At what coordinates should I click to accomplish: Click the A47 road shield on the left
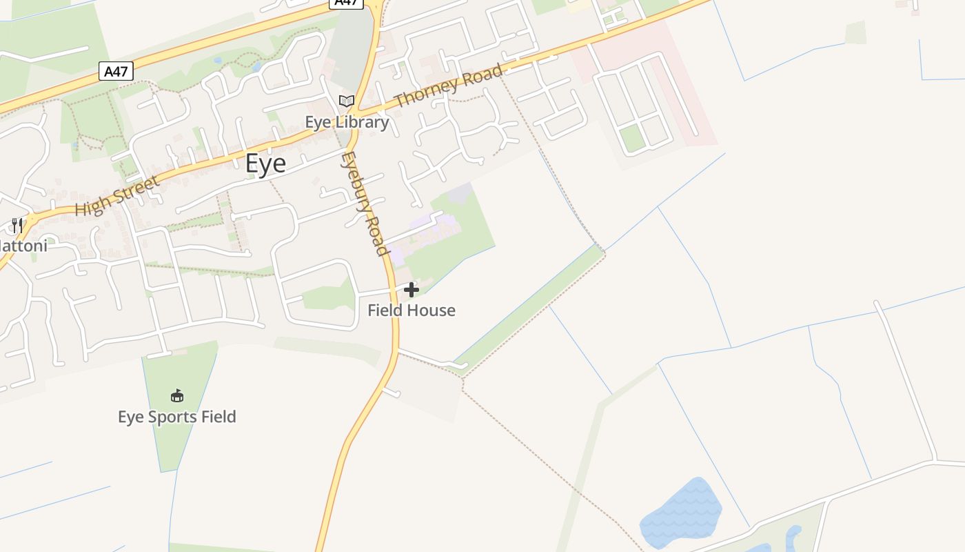coord(116,71)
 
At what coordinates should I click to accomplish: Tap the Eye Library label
coord(347,122)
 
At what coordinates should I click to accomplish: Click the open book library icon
coord(347,101)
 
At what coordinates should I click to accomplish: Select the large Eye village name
coord(265,164)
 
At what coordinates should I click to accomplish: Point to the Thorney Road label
coord(448,86)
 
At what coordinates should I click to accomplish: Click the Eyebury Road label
coord(363,204)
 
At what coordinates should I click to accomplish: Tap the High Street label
coord(117,195)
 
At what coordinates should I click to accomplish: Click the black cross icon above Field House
coord(412,290)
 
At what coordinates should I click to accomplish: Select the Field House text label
coord(412,310)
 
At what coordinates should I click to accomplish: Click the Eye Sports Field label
coord(177,417)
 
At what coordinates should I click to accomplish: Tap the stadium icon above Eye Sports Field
coord(177,395)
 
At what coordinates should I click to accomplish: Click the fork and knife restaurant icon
coord(17,225)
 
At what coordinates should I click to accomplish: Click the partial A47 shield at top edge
coord(346,3)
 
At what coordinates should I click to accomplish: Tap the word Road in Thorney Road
coord(482,75)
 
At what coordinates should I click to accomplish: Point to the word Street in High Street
coord(135,188)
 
